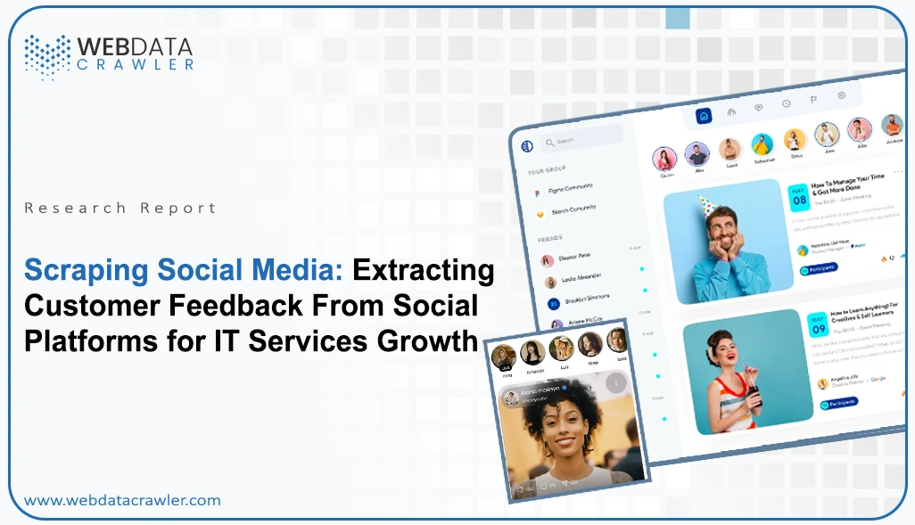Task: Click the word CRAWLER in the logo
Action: (x=136, y=65)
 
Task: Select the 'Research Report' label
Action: (x=120, y=208)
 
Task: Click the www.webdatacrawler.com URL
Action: (x=122, y=500)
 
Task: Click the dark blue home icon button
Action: (x=704, y=116)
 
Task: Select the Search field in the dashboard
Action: (x=580, y=140)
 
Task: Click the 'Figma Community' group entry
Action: (x=571, y=189)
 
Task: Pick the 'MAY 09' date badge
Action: (x=818, y=324)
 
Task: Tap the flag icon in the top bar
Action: (x=812, y=100)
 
